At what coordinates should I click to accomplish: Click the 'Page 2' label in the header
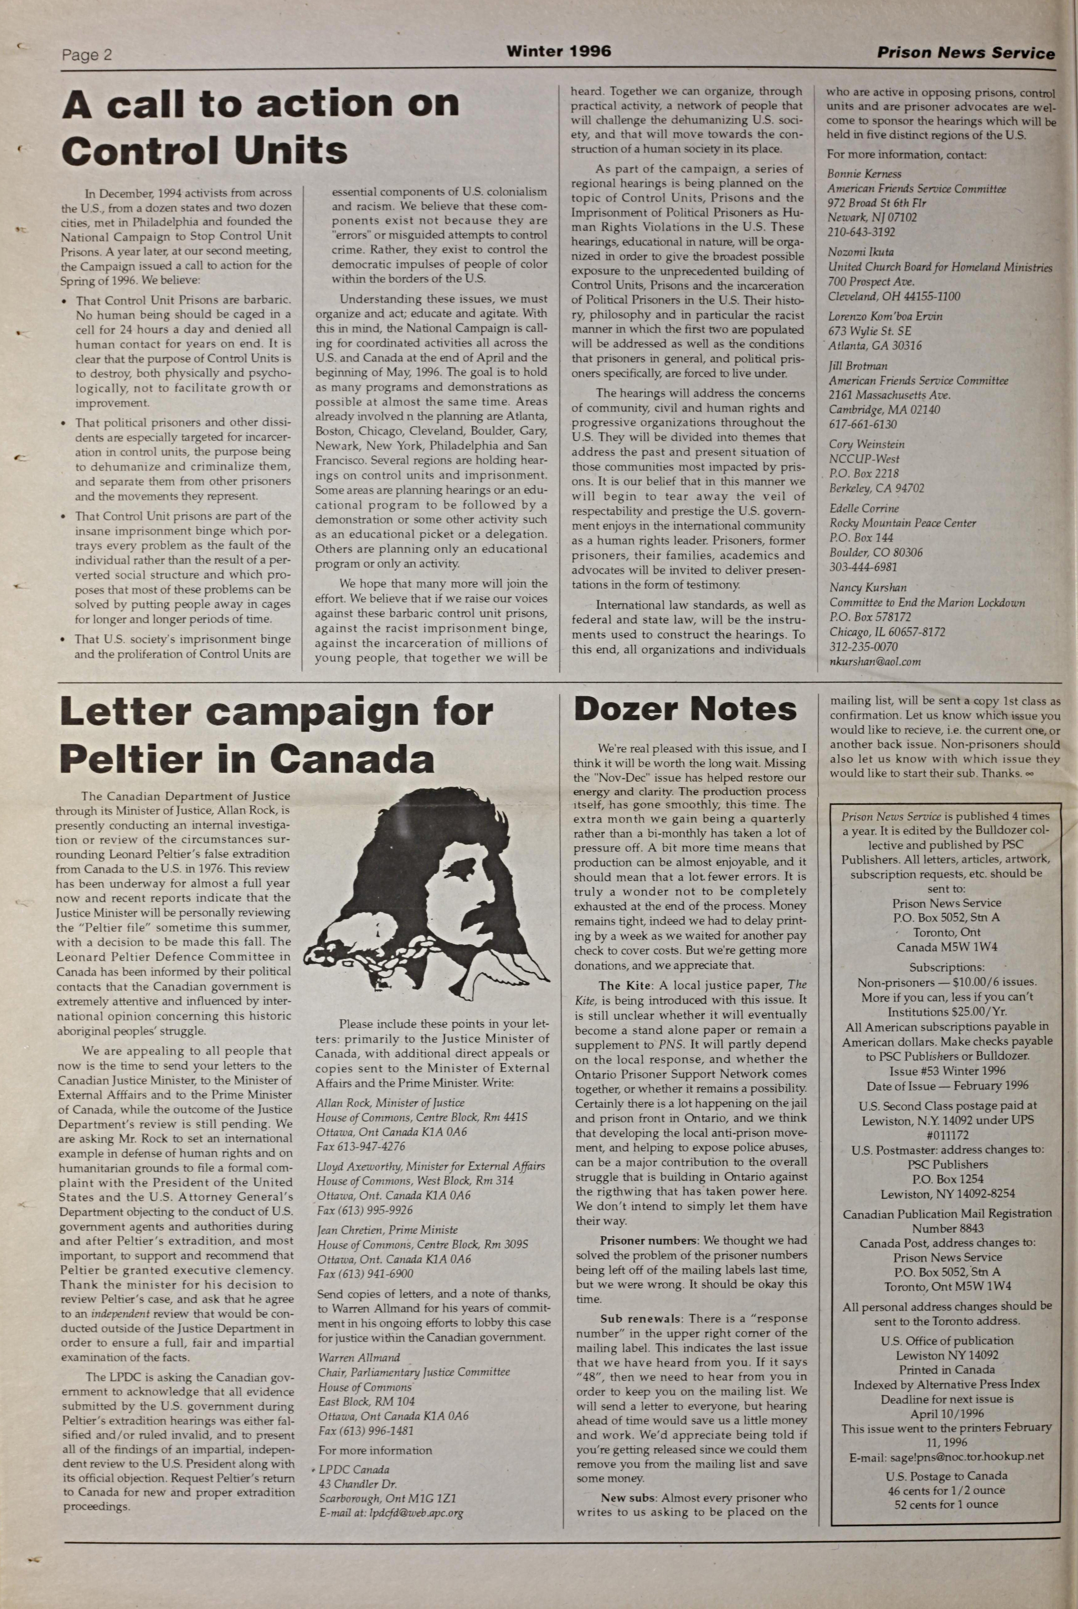pos(87,55)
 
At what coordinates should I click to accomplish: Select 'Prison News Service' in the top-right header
pos(965,53)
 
